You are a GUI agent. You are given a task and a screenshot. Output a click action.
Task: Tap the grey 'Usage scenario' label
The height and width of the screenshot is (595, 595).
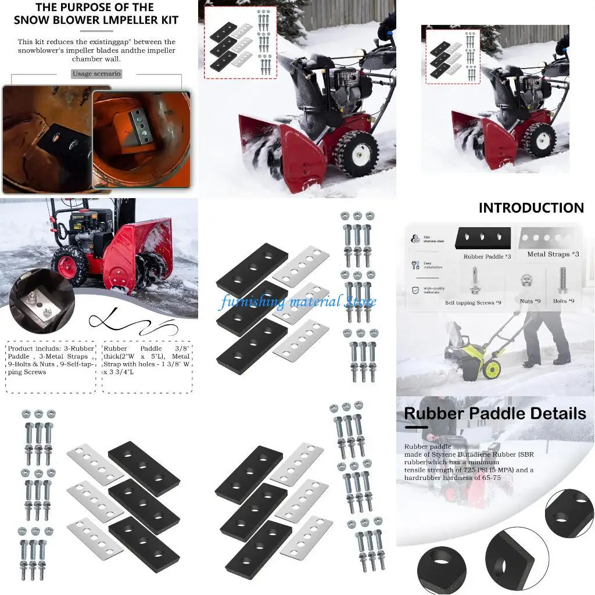96,74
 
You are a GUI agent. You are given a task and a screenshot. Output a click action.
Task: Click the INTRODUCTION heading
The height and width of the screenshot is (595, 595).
531,208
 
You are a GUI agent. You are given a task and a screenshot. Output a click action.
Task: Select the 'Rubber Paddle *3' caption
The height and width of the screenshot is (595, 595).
487,256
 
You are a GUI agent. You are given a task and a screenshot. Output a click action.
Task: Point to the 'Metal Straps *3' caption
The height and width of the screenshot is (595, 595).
553,255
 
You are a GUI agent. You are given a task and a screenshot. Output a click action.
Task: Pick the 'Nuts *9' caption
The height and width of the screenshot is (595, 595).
529,301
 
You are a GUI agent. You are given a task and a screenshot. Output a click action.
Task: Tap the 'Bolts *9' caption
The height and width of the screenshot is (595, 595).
563,301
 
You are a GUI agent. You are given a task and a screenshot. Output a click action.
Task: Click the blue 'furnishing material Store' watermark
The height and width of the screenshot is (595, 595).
297,302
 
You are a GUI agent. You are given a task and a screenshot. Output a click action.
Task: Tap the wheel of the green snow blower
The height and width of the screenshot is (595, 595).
492,369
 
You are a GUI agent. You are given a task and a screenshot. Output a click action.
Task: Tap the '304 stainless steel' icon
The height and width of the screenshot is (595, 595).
415,238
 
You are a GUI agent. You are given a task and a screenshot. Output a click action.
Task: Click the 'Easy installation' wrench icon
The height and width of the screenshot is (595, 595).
415,265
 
